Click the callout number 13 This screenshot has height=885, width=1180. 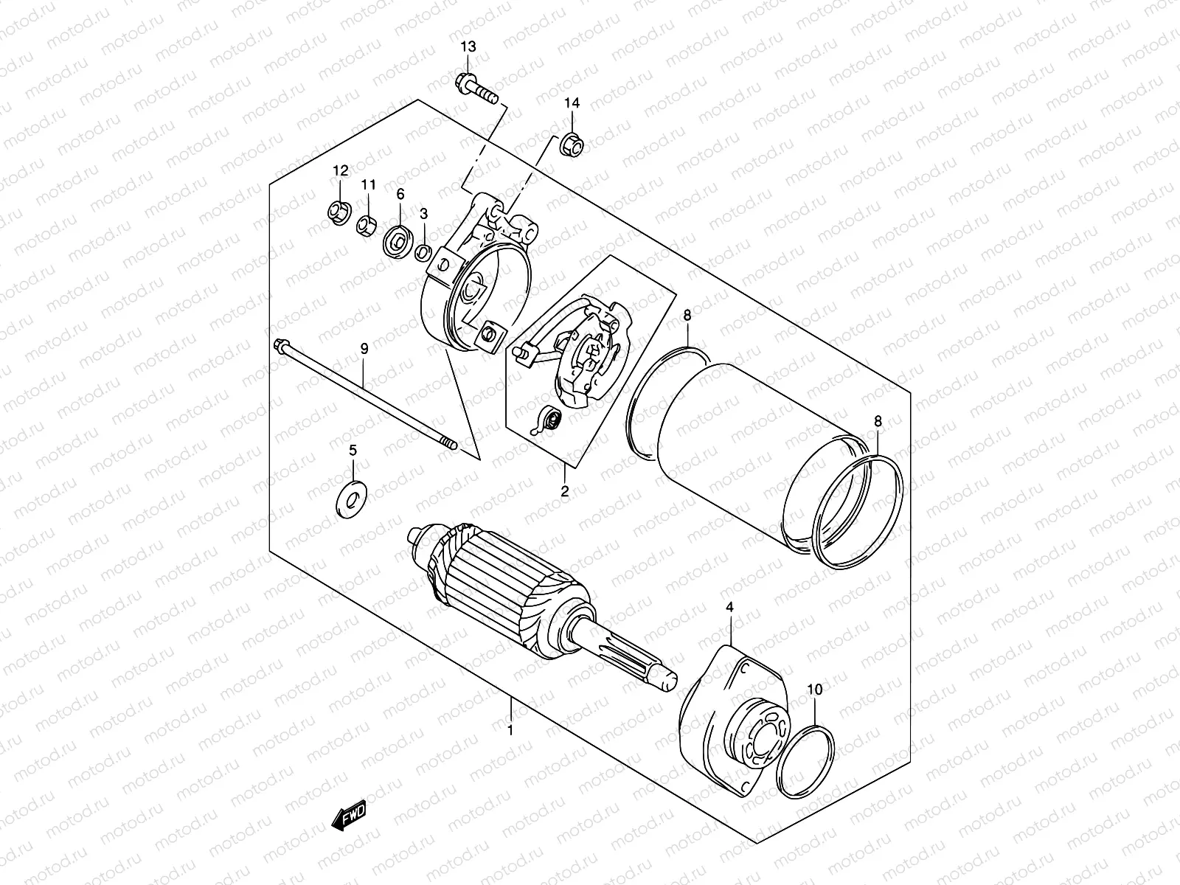[x=468, y=47]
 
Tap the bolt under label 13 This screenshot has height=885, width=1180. [x=477, y=88]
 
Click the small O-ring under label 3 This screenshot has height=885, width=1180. [x=423, y=253]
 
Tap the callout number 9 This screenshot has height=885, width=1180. [x=364, y=347]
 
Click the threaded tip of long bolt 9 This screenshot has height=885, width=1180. [x=450, y=444]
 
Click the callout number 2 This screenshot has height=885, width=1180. [x=565, y=491]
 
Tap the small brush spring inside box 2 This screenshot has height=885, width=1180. [x=546, y=420]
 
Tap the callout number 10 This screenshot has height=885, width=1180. [x=814, y=690]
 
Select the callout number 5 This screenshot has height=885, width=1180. [x=353, y=450]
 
